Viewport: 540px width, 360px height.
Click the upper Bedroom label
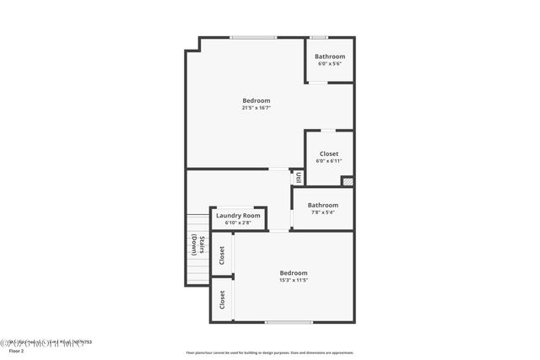pos(256,100)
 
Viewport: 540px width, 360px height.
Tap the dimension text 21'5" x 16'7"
pos(256,108)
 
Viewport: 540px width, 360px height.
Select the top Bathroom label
pos(330,56)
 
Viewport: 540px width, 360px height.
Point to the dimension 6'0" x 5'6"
pos(330,64)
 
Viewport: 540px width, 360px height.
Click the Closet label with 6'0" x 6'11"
pos(329,153)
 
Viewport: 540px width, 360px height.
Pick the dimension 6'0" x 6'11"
pos(329,161)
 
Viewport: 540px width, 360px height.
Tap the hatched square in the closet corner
pos(347,180)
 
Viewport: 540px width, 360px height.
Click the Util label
pos(299,178)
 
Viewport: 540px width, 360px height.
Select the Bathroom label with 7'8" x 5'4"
pos(322,205)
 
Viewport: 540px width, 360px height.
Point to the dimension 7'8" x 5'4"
pos(322,212)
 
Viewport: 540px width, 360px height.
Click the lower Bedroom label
pos(294,273)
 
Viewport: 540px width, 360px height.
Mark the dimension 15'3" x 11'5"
pos(294,281)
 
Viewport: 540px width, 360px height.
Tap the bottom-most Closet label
pos(222,299)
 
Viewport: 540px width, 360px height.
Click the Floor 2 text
pos(17,350)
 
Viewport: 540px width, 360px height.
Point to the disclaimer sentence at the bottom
pos(269,353)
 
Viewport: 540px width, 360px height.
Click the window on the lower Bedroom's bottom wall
pos(289,322)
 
